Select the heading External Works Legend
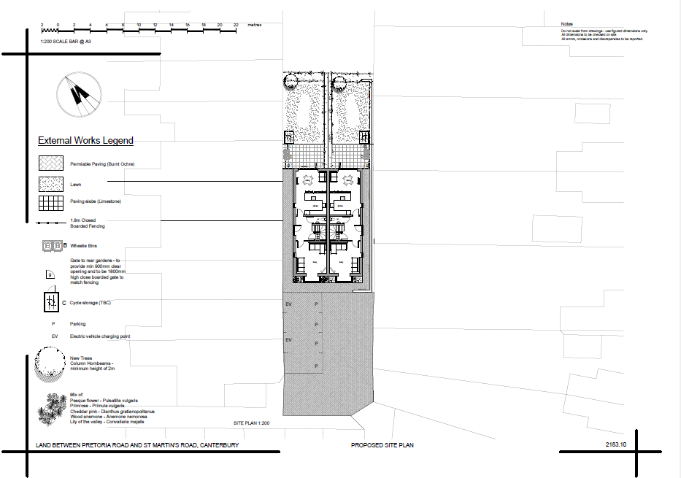85,141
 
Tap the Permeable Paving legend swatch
51,164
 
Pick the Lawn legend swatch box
51,184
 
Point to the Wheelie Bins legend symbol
52,247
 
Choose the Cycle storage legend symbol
51,301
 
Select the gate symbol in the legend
50,274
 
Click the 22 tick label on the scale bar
236,25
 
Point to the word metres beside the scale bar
255,25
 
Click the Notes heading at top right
568,24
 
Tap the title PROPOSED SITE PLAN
383,445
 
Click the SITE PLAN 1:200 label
252,423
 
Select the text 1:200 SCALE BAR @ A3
66,42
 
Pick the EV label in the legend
55,336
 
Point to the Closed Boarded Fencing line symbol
50,222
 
